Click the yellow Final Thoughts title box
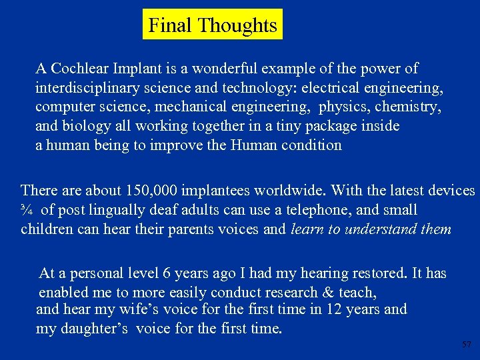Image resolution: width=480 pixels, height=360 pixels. [213, 25]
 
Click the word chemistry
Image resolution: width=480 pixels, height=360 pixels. [408, 107]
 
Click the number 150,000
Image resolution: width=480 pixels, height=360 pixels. [150, 191]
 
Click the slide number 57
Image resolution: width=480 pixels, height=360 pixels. [466, 345]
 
